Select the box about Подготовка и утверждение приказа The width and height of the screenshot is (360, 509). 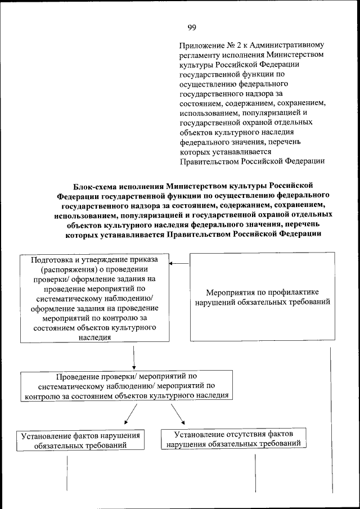(94, 298)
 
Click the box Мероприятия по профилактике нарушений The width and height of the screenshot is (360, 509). (262, 298)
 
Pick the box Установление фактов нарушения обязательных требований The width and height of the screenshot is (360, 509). (79, 440)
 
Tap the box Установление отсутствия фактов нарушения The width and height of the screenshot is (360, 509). (233, 438)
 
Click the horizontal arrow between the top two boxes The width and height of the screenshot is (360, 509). (179, 263)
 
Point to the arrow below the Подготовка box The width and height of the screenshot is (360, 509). (134, 356)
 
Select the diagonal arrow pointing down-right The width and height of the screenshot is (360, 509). (178, 415)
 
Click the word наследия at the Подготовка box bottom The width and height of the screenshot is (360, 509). (94, 337)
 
